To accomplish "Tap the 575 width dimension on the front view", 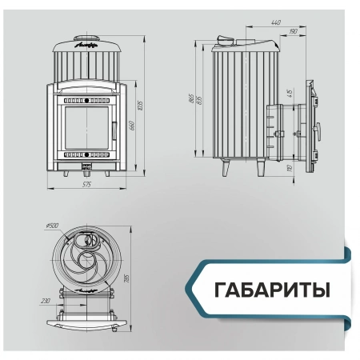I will click(86, 185).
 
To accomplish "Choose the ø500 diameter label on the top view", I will click(54, 226).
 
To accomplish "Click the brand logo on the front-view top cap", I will click(85, 46).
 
